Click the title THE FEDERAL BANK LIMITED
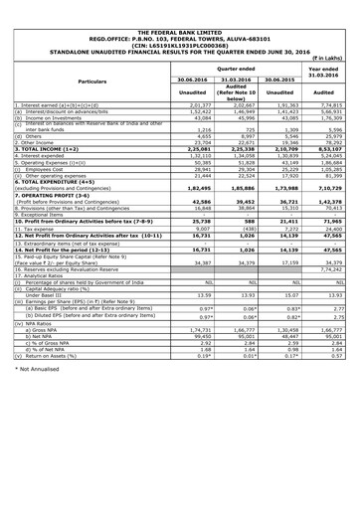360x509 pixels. (x=180, y=6)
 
